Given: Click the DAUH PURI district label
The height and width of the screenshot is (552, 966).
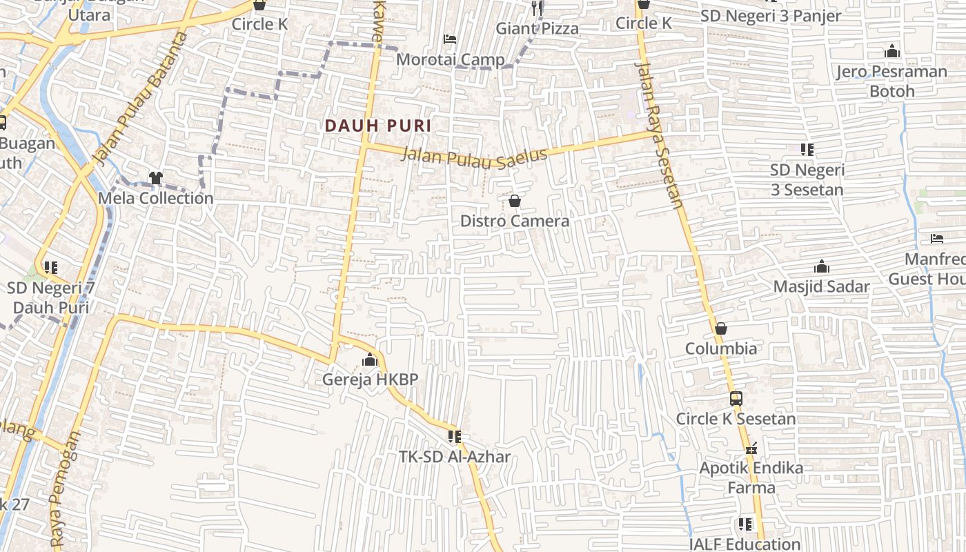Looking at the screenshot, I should [x=378, y=126].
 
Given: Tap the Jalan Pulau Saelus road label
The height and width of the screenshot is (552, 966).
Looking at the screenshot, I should [x=474, y=156].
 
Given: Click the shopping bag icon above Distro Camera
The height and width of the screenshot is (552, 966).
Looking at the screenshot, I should [x=514, y=201].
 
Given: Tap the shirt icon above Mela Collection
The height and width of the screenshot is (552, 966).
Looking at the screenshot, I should [x=155, y=178].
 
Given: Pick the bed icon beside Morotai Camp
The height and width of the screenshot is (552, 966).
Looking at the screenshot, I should [x=450, y=39].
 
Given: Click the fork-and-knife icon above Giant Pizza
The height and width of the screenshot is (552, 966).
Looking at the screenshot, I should [x=538, y=8].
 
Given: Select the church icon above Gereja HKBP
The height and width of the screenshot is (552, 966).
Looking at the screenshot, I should [x=370, y=359].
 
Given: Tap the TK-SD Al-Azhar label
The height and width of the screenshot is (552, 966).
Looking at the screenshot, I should [x=455, y=457].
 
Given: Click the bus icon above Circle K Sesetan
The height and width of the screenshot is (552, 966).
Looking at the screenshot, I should [x=736, y=399].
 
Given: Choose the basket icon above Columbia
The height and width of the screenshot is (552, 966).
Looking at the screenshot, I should [x=720, y=328].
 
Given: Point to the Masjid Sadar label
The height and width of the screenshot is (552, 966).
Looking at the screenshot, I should [x=821, y=286].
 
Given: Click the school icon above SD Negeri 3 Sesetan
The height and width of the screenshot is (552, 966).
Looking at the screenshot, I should [x=807, y=150].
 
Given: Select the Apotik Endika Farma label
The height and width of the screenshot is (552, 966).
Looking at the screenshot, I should [x=751, y=477].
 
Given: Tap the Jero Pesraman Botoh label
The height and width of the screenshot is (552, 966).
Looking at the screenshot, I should [x=891, y=81].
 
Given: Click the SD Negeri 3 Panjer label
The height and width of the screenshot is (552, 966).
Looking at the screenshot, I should [x=771, y=15].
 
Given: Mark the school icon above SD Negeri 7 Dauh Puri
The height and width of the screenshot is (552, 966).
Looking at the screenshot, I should [x=50, y=267].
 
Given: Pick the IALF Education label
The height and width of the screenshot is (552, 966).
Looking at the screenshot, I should [x=745, y=544].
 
